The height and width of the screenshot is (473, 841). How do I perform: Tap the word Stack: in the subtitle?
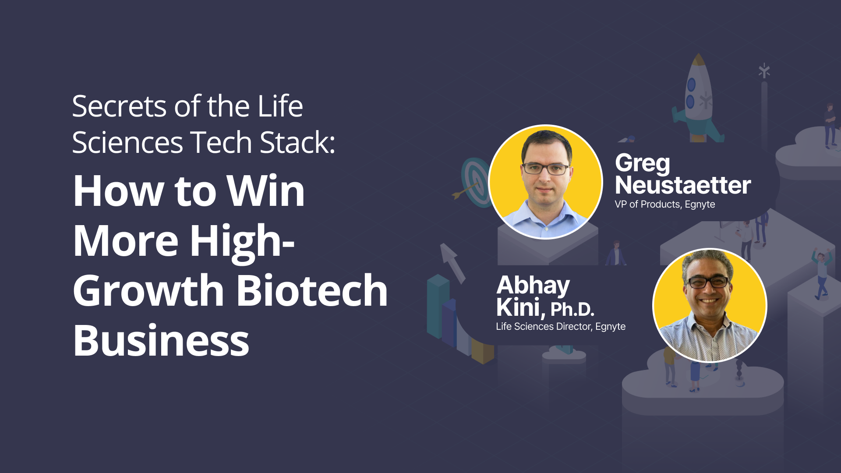(297, 142)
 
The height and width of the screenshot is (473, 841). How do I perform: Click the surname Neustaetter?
(683, 185)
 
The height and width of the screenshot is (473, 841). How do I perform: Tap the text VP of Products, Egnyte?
(665, 205)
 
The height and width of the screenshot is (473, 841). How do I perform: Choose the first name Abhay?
(533, 286)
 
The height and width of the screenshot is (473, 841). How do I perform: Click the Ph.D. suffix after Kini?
(572, 309)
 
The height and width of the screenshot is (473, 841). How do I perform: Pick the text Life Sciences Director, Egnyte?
(561, 327)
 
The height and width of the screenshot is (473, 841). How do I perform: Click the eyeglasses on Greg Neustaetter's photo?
(546, 169)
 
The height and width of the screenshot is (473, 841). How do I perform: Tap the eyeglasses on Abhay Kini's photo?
(708, 282)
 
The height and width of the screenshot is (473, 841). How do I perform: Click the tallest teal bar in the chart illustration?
(438, 307)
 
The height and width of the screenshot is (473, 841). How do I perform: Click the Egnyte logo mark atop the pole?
(764, 71)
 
